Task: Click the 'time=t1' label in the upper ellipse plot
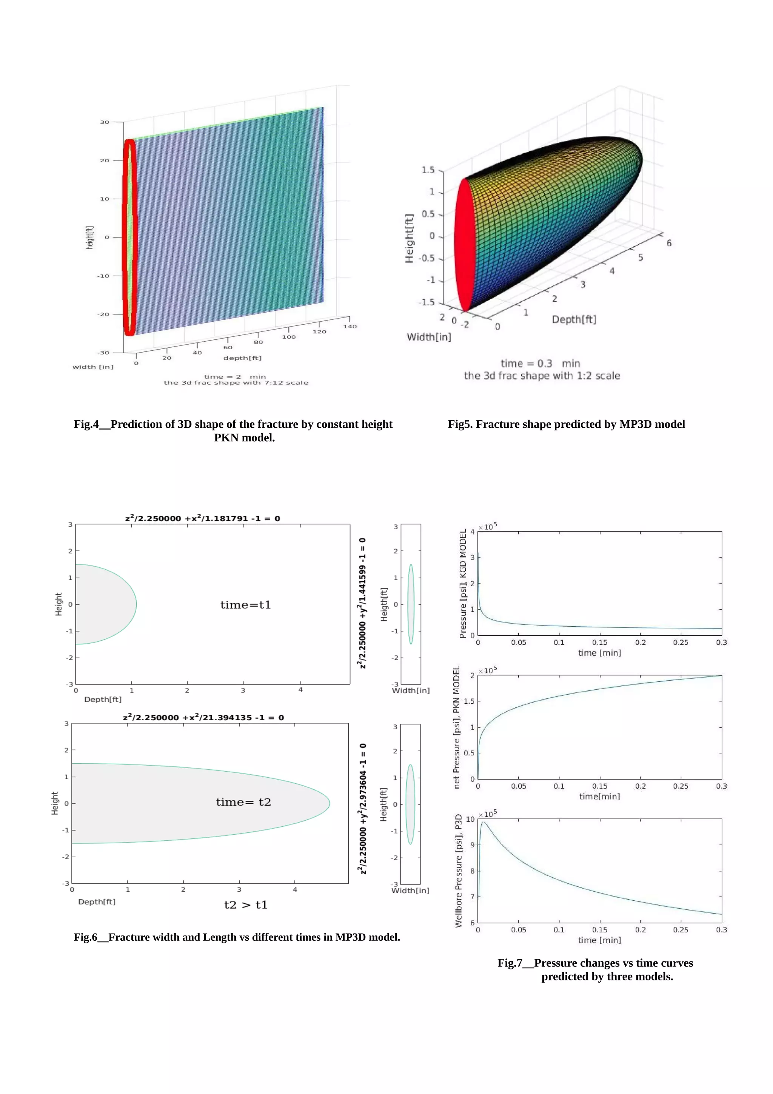point(245,605)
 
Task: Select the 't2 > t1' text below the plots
point(246,905)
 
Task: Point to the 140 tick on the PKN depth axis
point(350,327)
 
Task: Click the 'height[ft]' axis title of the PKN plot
point(90,237)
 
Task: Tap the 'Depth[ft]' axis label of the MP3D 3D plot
point(574,319)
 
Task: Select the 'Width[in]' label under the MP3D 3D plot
point(429,337)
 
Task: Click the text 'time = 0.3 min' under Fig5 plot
point(540,364)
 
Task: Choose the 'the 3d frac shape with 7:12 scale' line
point(236,383)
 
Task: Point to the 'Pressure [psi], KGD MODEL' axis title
point(462,583)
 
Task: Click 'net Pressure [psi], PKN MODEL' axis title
point(456,727)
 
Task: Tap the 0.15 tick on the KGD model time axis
point(600,642)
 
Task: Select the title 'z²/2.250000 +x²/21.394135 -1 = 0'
point(203,717)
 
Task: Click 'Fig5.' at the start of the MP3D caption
point(460,424)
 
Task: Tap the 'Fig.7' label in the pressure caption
point(510,963)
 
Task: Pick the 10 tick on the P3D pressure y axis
point(470,819)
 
